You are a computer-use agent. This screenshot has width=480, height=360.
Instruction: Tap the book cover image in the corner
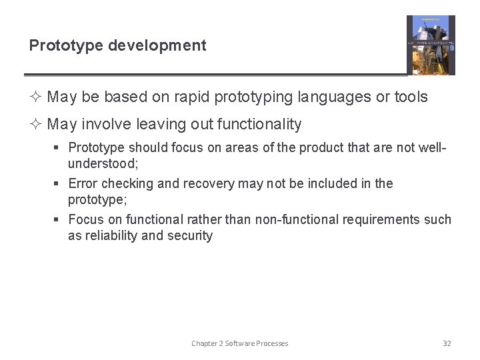(431, 45)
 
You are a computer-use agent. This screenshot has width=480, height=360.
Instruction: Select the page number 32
(447, 343)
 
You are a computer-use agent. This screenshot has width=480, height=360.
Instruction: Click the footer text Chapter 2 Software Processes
(240, 343)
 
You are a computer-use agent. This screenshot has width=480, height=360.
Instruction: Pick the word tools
(411, 97)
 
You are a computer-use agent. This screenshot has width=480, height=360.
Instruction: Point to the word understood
(101, 163)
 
